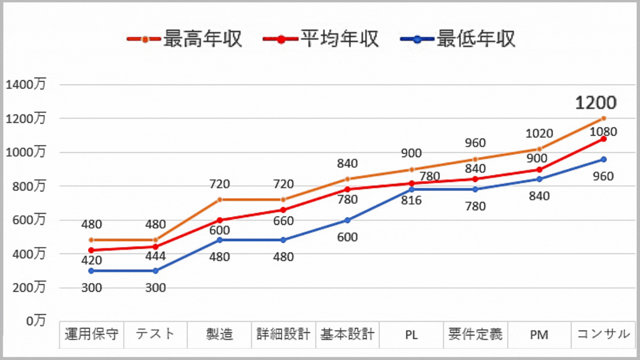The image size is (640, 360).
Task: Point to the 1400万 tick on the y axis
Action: [25, 84]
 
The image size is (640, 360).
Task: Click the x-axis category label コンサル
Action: [603, 334]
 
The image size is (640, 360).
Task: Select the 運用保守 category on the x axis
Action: [92, 334]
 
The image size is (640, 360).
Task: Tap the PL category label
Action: [411, 334]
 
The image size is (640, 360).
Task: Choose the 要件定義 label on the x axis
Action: [475, 334]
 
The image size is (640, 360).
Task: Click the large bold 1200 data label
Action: [596, 103]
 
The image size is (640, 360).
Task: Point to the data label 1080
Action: [603, 132]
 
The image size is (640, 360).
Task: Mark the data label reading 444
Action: [156, 256]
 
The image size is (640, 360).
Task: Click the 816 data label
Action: [411, 200]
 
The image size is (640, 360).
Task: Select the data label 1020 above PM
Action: [539, 133]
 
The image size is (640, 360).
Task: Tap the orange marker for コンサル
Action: [603, 118]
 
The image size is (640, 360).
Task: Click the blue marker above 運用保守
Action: [92, 271]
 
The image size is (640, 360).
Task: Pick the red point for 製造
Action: [220, 220]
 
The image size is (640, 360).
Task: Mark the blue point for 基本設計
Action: [348, 220]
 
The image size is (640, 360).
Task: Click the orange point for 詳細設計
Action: [284, 200]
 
